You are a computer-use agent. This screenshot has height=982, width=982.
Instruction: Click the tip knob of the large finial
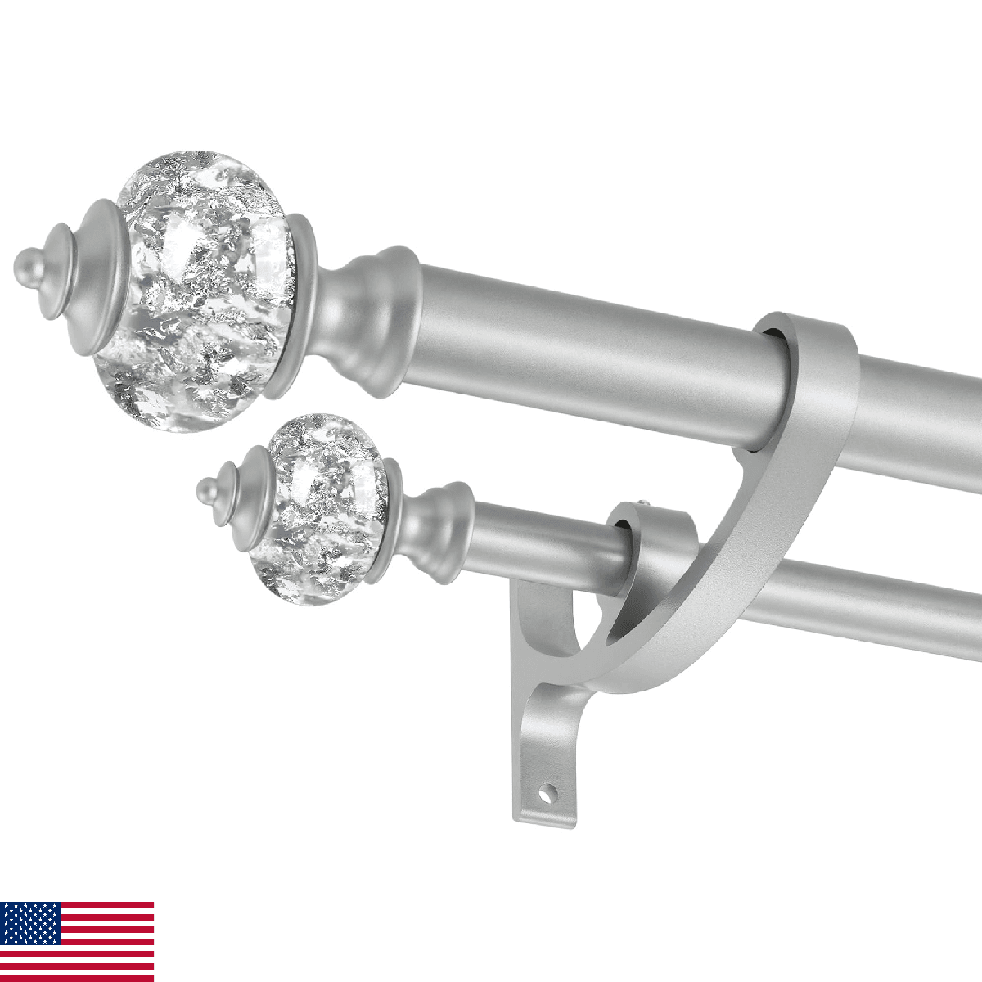point(26,265)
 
